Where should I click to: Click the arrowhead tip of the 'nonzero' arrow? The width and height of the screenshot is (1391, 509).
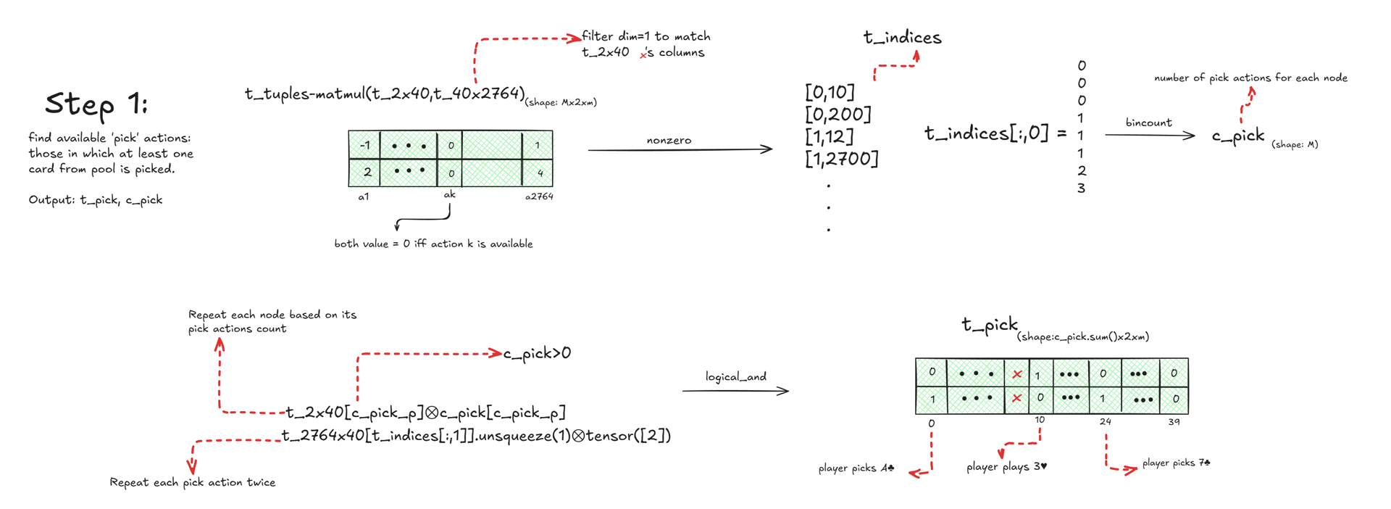click(x=772, y=149)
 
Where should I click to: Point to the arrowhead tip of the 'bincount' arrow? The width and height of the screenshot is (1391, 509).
click(x=1195, y=135)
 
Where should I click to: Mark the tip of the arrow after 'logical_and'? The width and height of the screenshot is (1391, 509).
click(x=789, y=391)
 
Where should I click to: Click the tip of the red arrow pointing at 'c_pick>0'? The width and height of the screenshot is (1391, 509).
click(x=502, y=353)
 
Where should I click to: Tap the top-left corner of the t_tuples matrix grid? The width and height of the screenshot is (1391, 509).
click(x=348, y=131)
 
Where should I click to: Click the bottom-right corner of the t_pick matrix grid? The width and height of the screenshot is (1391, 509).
click(x=1188, y=413)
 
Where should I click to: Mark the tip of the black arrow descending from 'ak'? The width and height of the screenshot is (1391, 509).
click(x=396, y=231)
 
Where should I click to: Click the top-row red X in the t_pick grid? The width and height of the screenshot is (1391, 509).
click(x=1017, y=374)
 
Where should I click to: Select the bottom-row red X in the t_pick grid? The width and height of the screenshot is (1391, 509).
click(x=1017, y=398)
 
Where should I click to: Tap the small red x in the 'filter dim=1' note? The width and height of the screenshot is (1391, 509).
click(x=643, y=54)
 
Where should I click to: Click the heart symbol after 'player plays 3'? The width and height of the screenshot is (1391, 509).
click(x=1043, y=466)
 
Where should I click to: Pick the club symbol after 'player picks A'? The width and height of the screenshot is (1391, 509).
click(x=890, y=468)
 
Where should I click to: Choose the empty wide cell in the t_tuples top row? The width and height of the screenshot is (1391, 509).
click(x=492, y=145)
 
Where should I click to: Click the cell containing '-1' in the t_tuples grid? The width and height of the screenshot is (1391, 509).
click(x=364, y=145)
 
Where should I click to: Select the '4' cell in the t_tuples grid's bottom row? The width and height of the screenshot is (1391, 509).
click(x=538, y=173)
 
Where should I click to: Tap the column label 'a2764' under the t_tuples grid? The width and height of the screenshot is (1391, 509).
click(x=539, y=196)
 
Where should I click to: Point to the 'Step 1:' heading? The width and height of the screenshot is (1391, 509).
click(x=96, y=104)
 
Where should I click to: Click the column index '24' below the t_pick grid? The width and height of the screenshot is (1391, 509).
click(x=1105, y=421)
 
